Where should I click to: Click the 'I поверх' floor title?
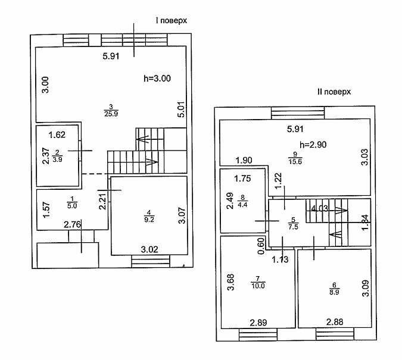coord(172,20)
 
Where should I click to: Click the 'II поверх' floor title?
coord(334,92)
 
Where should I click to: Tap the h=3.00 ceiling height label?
coord(157,79)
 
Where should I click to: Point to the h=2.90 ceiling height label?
coord(313,145)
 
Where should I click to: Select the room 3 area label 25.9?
coord(111,114)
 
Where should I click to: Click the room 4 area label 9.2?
coord(149,220)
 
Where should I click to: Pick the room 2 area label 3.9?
coord(57,159)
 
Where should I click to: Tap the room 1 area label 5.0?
coord(72,206)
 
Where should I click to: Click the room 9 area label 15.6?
coord(295,162)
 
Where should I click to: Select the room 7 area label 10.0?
coord(258,286)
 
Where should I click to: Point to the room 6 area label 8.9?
coord(334,292)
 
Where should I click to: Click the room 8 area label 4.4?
coord(242,205)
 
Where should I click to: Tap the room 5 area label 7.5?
coord(293,227)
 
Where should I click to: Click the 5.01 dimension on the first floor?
coord(181,109)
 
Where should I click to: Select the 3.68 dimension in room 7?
coord(230,282)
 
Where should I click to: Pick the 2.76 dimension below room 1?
coord(72,225)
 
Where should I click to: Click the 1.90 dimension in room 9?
coord(244,161)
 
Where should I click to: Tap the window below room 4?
coord(151,261)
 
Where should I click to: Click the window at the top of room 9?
coord(298,112)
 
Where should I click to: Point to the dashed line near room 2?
coord(95,174)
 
